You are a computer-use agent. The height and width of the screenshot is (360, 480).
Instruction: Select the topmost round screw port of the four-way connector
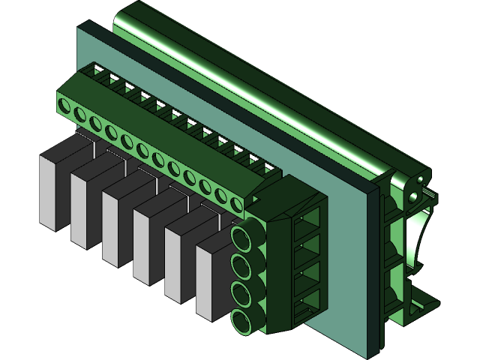point(243,239)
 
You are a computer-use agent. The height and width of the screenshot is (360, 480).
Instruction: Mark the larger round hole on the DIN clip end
point(413,197)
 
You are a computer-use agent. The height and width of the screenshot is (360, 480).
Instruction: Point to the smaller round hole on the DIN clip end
point(420,181)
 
